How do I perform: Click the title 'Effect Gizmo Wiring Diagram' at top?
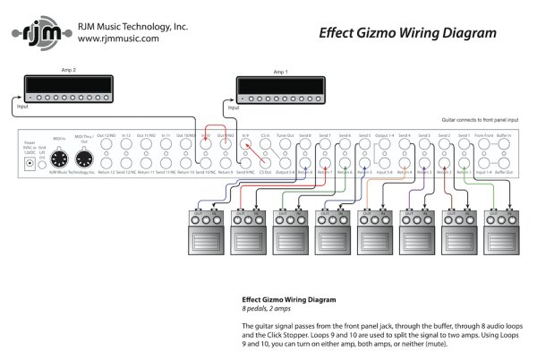tap(408, 34)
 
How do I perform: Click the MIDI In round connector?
tap(59, 159)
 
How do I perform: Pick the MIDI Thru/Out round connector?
tap(84, 159)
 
